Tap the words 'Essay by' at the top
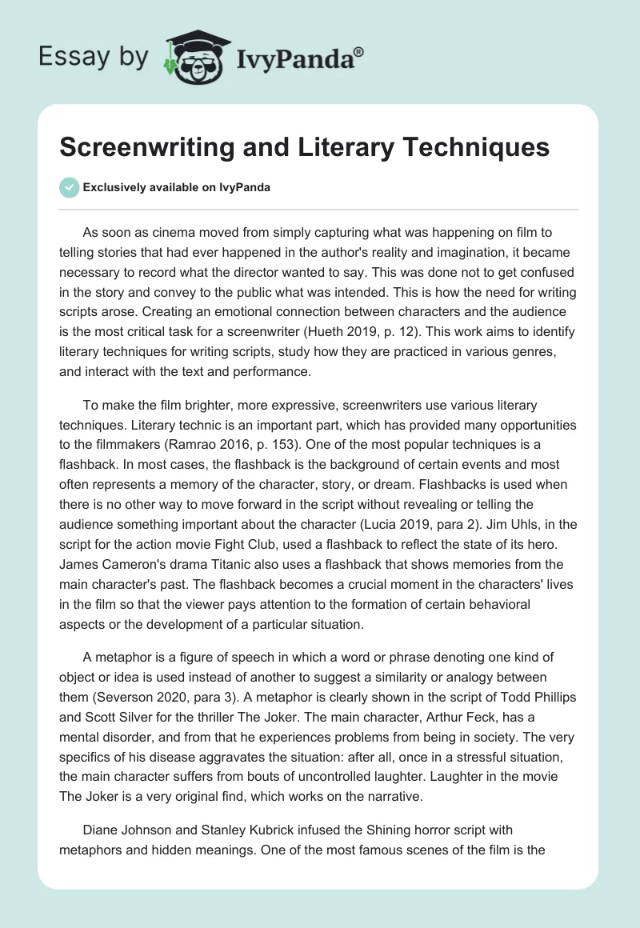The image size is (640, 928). click(94, 58)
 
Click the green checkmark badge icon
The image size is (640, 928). click(69, 187)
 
